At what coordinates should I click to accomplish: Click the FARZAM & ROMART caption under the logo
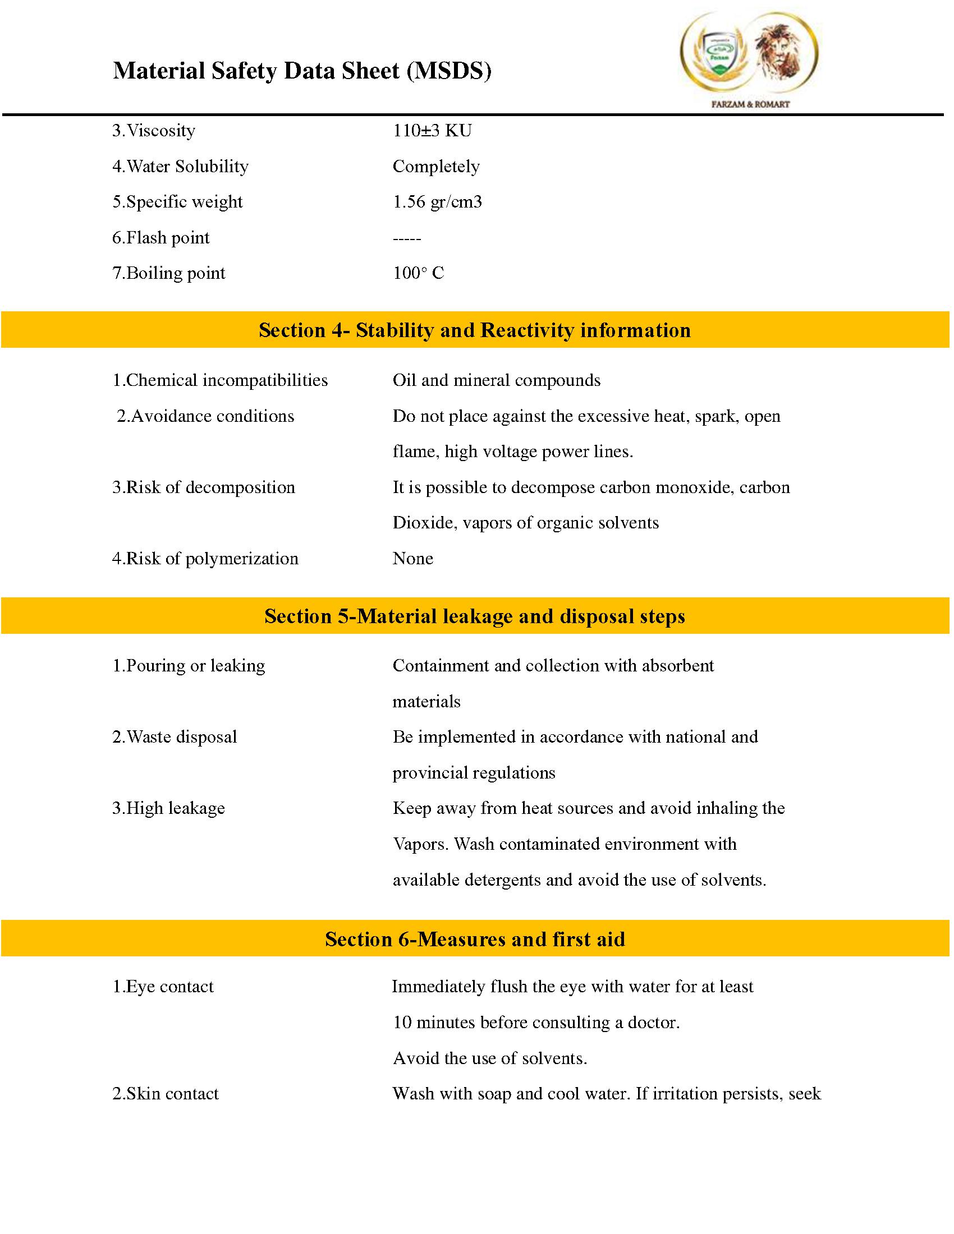click(749, 104)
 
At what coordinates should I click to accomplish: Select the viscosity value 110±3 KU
click(432, 131)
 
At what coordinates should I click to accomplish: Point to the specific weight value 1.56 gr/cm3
click(437, 202)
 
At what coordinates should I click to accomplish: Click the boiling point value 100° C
click(418, 273)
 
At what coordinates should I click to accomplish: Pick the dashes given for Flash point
click(406, 238)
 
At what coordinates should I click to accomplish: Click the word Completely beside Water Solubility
click(435, 166)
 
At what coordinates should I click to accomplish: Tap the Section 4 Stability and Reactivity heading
click(475, 330)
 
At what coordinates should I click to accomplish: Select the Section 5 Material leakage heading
click(475, 616)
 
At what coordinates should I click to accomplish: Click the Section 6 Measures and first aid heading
click(475, 939)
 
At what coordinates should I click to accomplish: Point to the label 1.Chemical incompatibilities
click(220, 380)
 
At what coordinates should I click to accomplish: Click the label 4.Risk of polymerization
click(205, 558)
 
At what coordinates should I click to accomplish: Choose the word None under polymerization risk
click(412, 558)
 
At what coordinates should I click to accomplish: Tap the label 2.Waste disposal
click(175, 737)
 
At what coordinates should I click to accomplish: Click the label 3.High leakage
click(168, 808)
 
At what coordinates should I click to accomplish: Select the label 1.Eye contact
click(163, 987)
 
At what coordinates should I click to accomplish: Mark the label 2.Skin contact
click(165, 1093)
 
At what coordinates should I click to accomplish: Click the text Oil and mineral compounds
click(496, 380)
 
